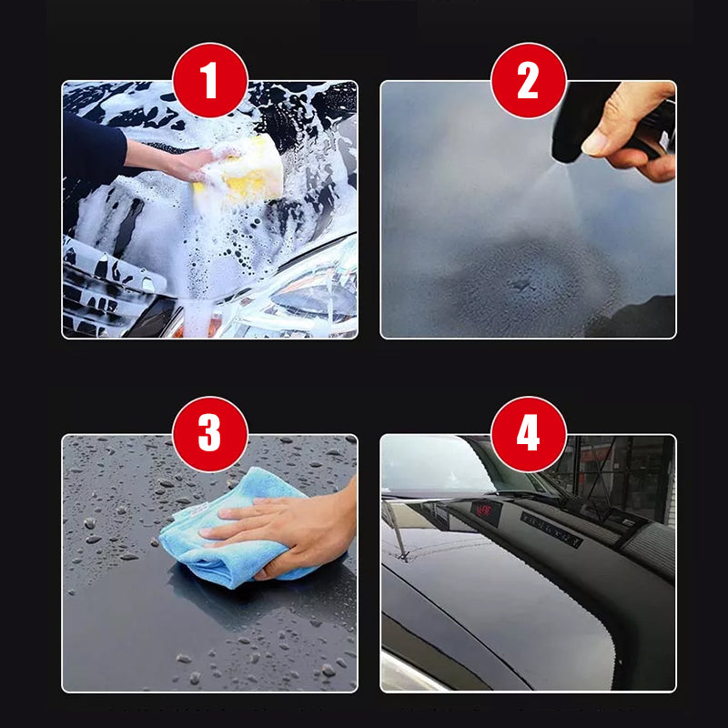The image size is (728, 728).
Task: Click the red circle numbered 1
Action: click(x=209, y=80)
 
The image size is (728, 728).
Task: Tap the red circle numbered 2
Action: click(x=528, y=80)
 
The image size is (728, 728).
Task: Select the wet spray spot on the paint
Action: click(x=528, y=282)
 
